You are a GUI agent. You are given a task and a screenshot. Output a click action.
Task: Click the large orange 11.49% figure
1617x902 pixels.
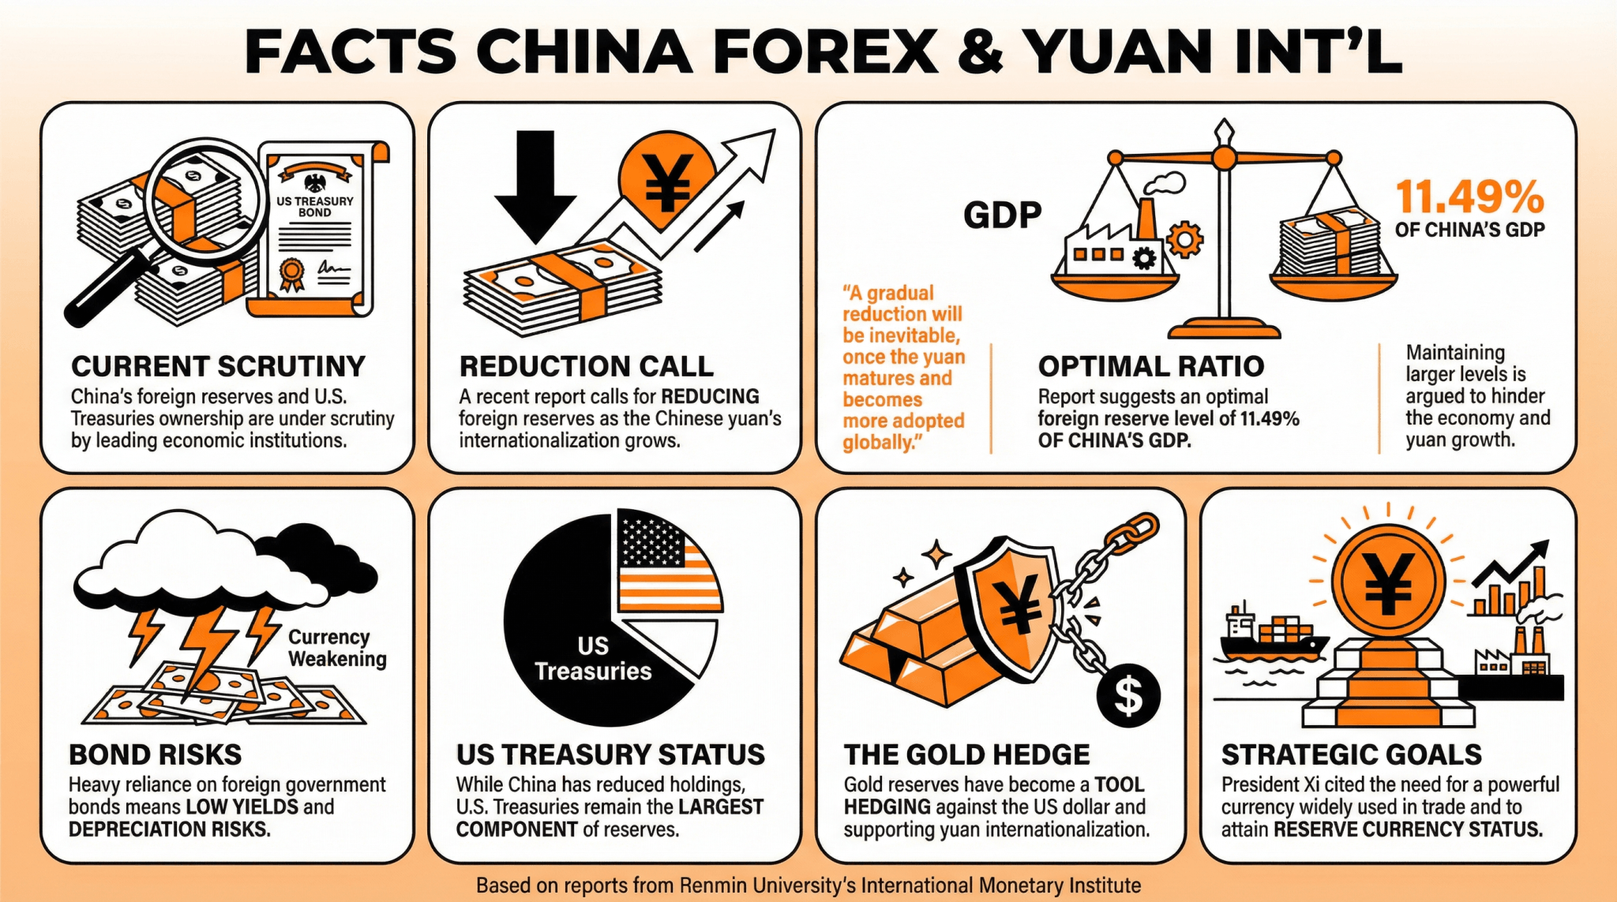click(x=1469, y=197)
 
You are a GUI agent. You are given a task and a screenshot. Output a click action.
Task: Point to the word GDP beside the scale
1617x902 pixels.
click(x=1002, y=215)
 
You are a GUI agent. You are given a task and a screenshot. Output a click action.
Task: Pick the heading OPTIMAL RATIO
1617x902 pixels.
click(x=1150, y=366)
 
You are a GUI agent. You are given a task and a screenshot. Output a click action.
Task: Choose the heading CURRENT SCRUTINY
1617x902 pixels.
click(x=218, y=366)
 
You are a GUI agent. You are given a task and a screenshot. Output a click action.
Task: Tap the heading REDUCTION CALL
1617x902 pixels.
click(x=586, y=366)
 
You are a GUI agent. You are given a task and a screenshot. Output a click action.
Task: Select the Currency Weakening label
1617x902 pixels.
click(x=337, y=648)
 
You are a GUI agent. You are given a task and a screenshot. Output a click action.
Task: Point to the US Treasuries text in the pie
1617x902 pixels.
click(x=593, y=659)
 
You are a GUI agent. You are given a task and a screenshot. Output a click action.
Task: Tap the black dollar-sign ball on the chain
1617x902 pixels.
click(x=1129, y=695)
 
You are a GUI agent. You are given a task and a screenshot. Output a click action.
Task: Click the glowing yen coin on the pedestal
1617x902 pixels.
click(x=1388, y=580)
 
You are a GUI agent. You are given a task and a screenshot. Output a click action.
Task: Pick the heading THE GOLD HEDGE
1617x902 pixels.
click(x=966, y=755)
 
